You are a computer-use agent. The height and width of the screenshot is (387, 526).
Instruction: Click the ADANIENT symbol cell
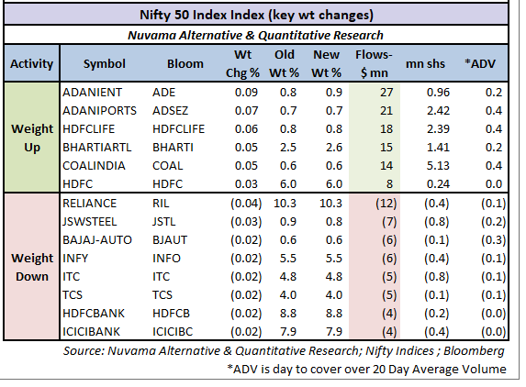92,93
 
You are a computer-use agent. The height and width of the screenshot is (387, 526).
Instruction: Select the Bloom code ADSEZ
171,111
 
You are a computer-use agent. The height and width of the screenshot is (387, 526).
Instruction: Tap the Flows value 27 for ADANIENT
386,93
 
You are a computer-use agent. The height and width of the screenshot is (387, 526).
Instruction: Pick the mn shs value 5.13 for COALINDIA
438,165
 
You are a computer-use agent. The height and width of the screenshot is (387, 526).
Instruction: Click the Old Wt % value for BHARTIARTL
288,148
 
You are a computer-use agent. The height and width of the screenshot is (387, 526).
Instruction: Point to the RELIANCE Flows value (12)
386,204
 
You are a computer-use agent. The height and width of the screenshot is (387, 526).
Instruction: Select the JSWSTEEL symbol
90,222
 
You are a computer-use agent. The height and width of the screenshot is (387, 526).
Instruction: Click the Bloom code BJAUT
170,240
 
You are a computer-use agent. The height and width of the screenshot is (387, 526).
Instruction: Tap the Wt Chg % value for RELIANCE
246,204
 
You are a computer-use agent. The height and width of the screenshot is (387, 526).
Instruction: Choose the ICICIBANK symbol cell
91,332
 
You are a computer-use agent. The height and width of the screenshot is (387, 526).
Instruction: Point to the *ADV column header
480,63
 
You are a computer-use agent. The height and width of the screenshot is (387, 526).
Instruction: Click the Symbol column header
105,63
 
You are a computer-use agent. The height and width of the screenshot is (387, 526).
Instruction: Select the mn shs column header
425,63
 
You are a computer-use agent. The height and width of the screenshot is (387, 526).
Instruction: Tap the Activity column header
31,63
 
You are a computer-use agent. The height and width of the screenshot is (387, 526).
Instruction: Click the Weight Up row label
32,138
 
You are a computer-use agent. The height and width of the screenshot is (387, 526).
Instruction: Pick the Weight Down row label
32,268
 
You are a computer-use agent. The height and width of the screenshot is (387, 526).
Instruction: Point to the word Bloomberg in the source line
474,351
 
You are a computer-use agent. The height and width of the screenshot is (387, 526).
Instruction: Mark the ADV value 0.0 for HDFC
494,184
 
